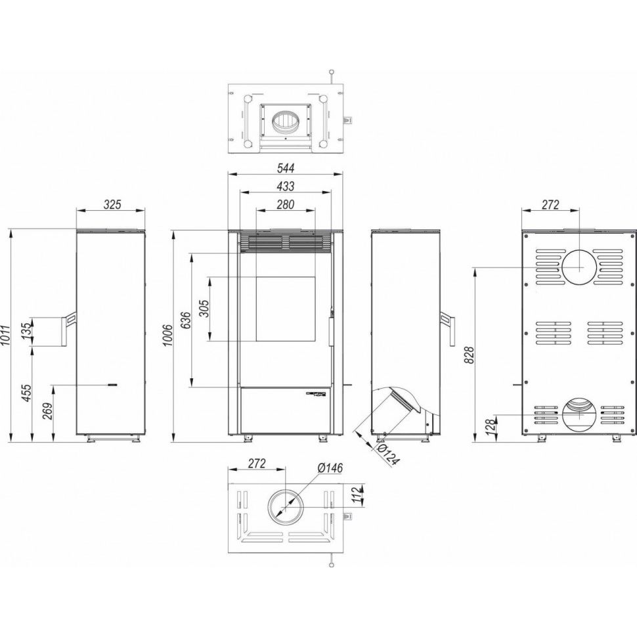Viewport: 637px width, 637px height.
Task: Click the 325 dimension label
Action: pos(112,205)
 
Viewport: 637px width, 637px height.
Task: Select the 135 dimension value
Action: pos(26,332)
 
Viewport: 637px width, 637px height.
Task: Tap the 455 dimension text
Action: pos(26,393)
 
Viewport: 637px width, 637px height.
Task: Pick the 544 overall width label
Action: pos(285,167)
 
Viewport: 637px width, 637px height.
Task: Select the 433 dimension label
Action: pos(285,186)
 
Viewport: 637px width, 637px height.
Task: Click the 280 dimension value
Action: pos(285,205)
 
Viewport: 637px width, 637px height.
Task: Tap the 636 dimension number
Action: pos(186,320)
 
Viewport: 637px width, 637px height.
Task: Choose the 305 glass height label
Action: pos(204,309)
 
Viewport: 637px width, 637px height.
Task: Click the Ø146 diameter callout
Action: pos(330,468)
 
